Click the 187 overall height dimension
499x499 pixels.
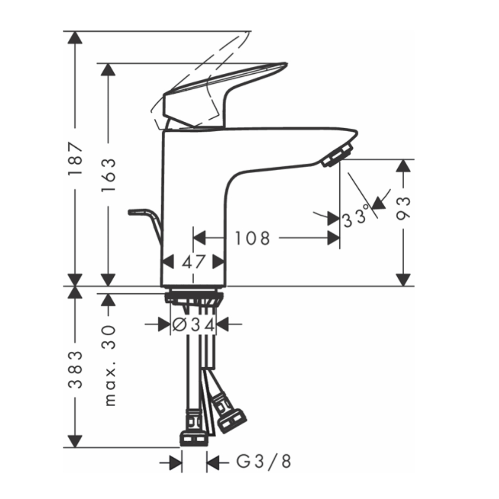pyautogui.click(x=75, y=159)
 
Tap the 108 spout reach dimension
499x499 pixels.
pyautogui.click(x=252, y=239)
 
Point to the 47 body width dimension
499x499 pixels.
pyautogui.click(x=194, y=261)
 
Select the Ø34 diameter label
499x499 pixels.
pyautogui.click(x=193, y=325)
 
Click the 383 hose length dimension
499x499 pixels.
pyautogui.click(x=75, y=370)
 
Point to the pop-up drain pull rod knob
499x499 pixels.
pyautogui.click(x=133, y=212)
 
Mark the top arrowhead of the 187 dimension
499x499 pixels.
pyautogui.click(x=75, y=38)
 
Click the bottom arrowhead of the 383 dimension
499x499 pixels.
pyautogui.click(x=75, y=441)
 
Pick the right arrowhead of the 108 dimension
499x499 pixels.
pyautogui.click(x=333, y=238)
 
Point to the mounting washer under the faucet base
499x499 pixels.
pyautogui.click(x=193, y=297)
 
